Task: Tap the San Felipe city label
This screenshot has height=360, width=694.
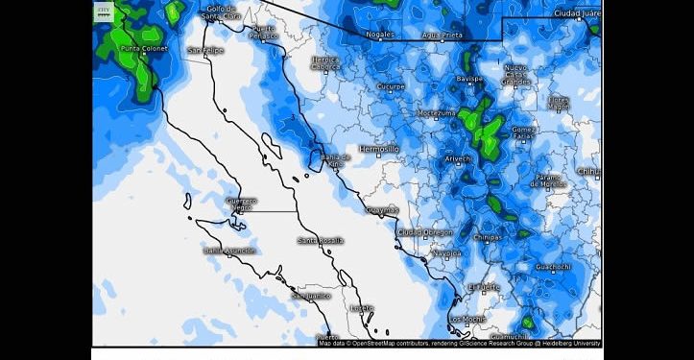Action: click(205, 50)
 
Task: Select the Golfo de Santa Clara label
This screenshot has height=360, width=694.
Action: click(222, 12)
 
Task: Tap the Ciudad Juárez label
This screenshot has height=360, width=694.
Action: click(577, 14)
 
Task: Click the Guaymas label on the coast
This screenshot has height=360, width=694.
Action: click(383, 209)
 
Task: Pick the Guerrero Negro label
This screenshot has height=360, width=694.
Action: click(241, 204)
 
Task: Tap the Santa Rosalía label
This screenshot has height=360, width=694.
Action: click(321, 240)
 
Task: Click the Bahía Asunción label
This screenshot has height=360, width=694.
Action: click(228, 251)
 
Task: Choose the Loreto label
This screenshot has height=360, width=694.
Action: click(362, 308)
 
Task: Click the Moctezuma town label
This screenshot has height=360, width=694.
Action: click(436, 112)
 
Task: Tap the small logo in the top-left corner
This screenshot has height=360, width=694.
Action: click(104, 11)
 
